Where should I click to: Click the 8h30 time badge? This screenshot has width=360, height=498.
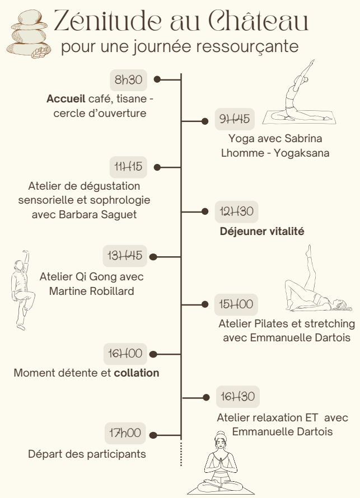coord(128,80)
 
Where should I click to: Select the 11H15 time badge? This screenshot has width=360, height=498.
coord(128,167)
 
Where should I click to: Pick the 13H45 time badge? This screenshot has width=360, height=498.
coord(125,256)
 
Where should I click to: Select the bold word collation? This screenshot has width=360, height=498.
coord(137,373)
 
